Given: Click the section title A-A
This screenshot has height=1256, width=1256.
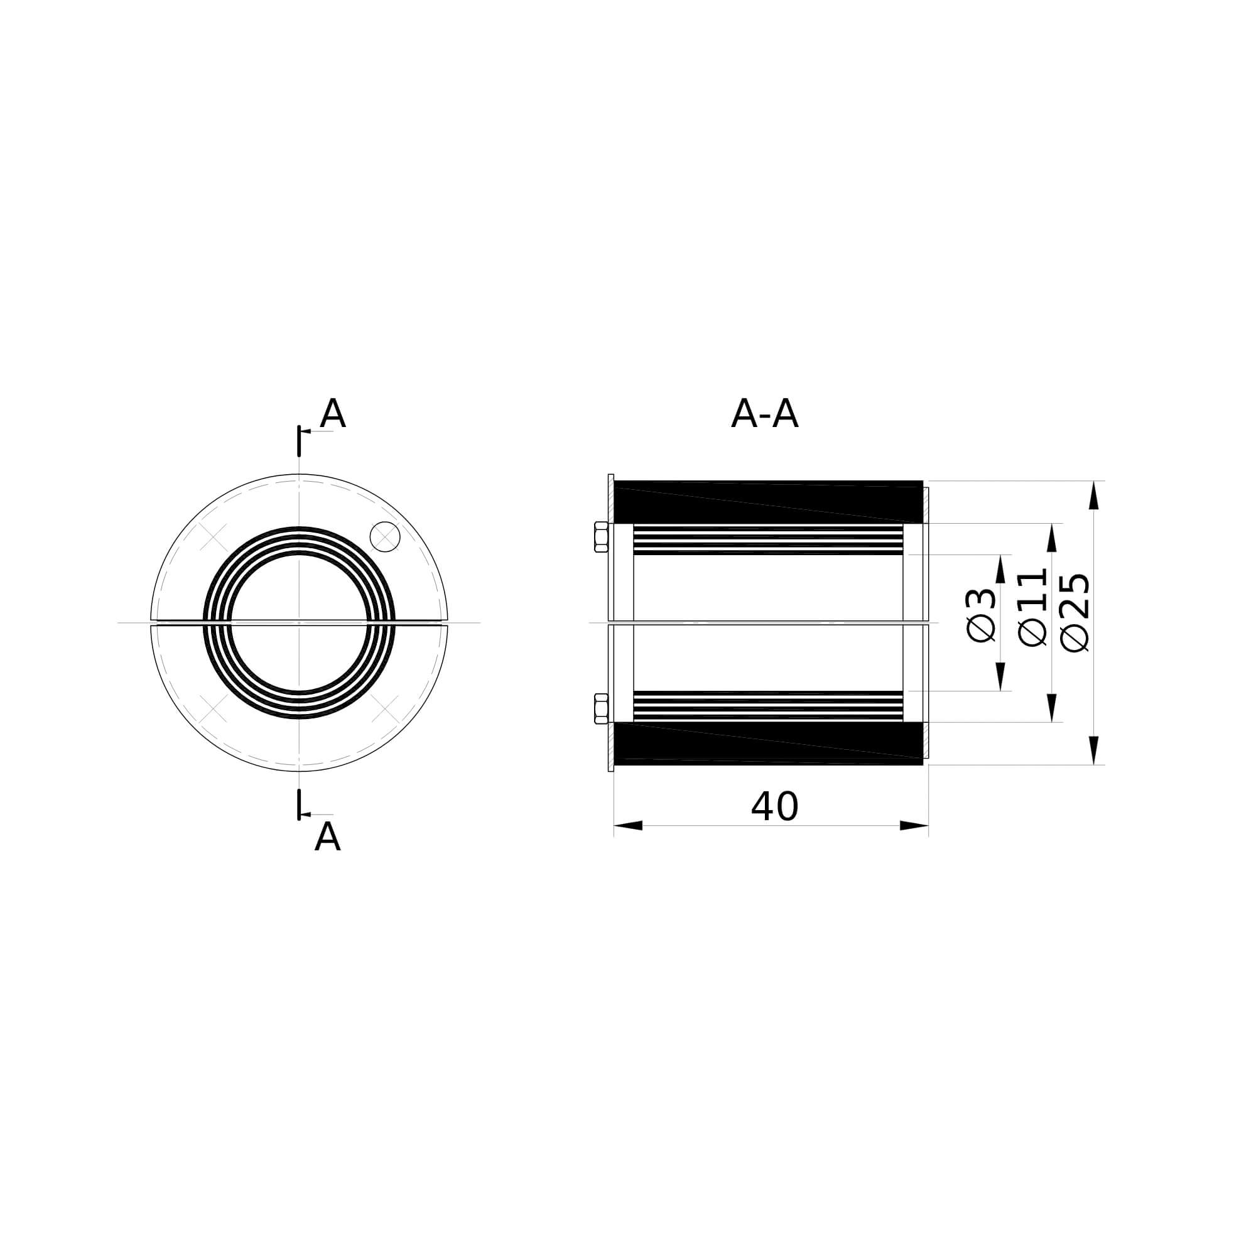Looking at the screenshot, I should pyautogui.click(x=764, y=414).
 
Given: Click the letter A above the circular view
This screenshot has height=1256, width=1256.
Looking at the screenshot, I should pyautogui.click(x=332, y=413).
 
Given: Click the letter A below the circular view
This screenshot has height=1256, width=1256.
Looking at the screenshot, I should pyautogui.click(x=327, y=836).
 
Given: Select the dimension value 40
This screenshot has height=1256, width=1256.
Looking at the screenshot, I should pyautogui.click(x=774, y=807).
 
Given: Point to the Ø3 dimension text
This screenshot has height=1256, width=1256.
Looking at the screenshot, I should pyautogui.click(x=981, y=614).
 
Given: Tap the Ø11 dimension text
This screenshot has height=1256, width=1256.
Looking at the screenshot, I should pyautogui.click(x=1032, y=608).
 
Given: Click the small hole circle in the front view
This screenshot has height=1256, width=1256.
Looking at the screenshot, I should pyautogui.click(x=385, y=536).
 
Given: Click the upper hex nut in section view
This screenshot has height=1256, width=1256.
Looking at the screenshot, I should pyautogui.click(x=602, y=537).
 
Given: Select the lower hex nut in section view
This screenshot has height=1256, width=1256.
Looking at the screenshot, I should pyautogui.click(x=602, y=708).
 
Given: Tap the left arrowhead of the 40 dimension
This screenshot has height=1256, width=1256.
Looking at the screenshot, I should pyautogui.click(x=628, y=826).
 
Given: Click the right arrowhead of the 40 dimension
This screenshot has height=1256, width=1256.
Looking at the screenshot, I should pyautogui.click(x=914, y=826).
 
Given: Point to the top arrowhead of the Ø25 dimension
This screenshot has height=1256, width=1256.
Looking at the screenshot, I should pyautogui.click(x=1094, y=495).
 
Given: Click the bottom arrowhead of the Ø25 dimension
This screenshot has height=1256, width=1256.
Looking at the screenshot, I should pyautogui.click(x=1094, y=750).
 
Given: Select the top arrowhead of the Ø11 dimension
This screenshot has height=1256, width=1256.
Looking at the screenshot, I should pyautogui.click(x=1052, y=538).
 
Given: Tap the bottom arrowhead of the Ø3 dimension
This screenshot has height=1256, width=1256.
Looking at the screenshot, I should pyautogui.click(x=1000, y=676).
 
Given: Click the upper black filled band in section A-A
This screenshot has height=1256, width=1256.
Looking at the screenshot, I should pyautogui.click(x=767, y=501).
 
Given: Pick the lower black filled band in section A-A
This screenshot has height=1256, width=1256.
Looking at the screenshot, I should pyautogui.click(x=767, y=743).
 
